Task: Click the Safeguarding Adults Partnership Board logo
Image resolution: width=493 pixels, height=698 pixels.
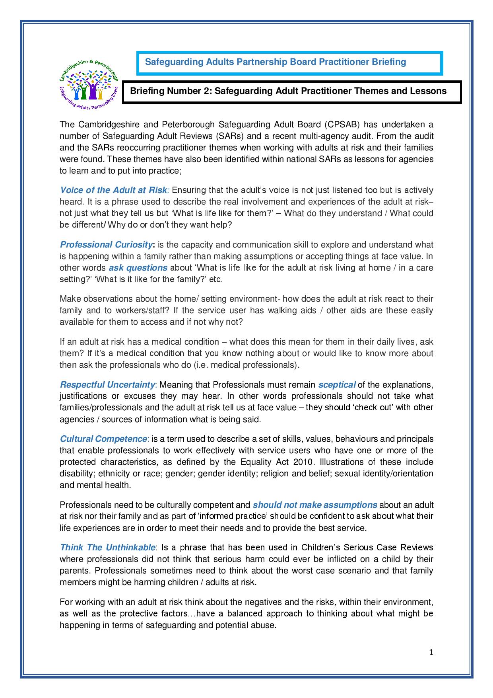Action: (89, 82)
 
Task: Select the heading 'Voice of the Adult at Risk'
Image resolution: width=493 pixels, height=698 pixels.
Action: (113, 190)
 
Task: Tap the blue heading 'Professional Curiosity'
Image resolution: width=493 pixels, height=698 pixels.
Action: (106, 244)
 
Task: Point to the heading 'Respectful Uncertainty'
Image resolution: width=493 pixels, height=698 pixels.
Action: (107, 384)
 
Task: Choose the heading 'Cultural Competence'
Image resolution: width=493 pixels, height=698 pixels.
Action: (103, 439)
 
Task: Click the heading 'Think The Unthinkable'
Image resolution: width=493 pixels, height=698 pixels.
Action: (107, 547)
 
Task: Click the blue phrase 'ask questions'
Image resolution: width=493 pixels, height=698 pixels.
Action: (138, 267)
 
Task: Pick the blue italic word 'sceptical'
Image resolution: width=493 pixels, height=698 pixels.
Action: (337, 384)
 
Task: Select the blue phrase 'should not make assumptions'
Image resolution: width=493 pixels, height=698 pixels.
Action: (315, 505)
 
